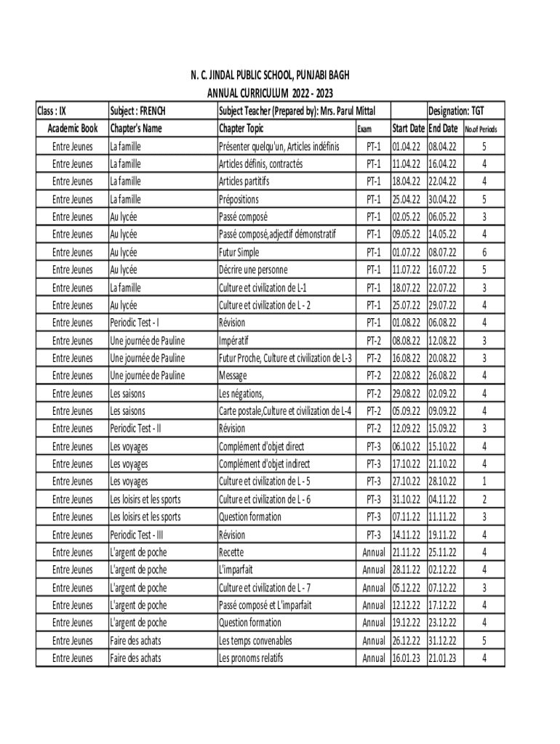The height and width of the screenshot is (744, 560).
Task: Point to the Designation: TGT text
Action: [x=456, y=111]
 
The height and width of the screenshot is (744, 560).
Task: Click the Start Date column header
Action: [x=408, y=129]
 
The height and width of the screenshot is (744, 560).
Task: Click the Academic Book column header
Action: [x=72, y=129]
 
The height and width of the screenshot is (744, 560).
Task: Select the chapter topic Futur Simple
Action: [x=239, y=252]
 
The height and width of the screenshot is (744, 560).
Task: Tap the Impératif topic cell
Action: [x=236, y=340]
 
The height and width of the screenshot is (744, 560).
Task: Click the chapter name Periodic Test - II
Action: [x=135, y=429]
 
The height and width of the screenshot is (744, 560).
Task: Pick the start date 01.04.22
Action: [x=407, y=146]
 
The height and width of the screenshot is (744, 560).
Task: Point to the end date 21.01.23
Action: [x=443, y=658]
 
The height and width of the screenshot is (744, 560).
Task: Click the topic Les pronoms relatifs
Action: [x=251, y=658]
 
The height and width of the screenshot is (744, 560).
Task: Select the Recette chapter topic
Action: [x=231, y=552]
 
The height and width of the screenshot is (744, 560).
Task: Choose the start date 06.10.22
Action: [x=407, y=446]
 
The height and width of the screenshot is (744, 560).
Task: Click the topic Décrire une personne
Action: [x=253, y=270]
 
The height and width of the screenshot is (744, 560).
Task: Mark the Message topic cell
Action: [x=233, y=376]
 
